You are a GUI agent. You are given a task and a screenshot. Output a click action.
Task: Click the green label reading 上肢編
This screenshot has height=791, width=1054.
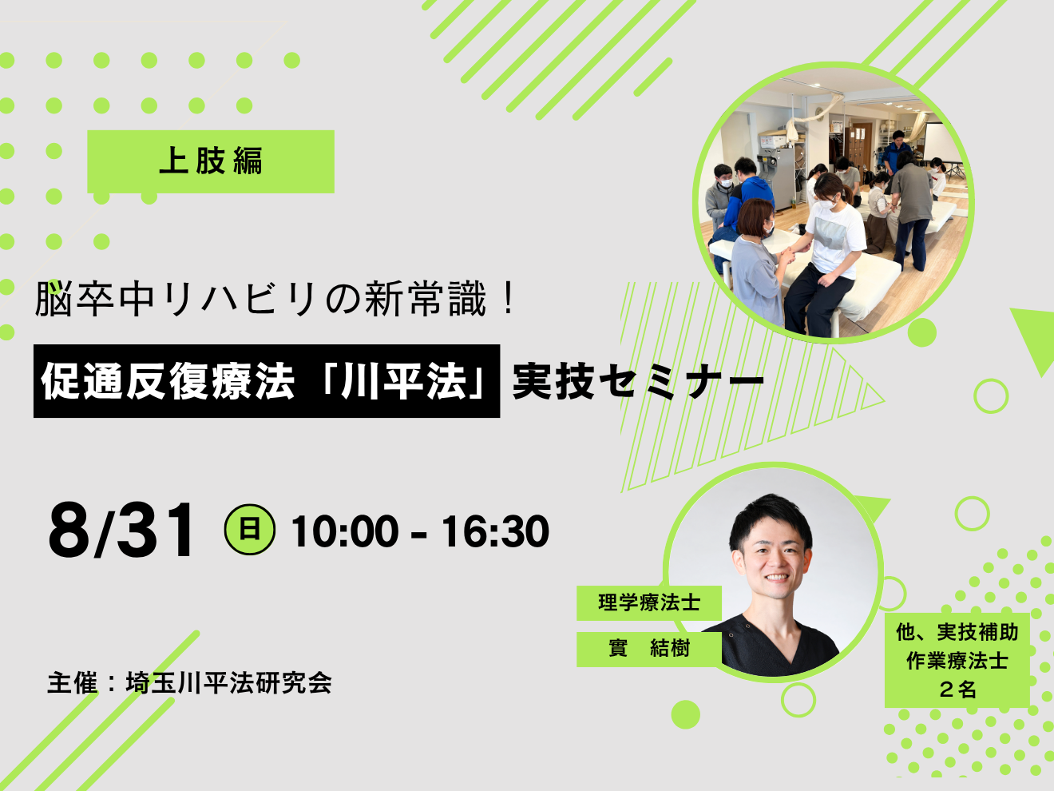click(x=210, y=161)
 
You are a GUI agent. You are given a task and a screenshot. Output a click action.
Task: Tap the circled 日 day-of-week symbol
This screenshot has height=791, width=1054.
click(x=250, y=530)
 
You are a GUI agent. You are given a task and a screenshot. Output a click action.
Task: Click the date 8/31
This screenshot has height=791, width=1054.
click(x=121, y=531)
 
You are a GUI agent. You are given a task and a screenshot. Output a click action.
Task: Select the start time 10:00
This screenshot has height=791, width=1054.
click(x=345, y=531)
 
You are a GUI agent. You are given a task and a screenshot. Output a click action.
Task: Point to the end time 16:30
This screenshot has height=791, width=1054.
click(x=495, y=531)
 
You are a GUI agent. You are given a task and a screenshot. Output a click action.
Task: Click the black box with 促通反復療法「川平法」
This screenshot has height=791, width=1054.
click(x=267, y=381)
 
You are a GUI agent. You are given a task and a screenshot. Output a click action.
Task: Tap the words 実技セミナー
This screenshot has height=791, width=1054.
click(x=638, y=382)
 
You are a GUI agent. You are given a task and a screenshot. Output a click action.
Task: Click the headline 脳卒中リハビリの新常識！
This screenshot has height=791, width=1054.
click(x=275, y=300)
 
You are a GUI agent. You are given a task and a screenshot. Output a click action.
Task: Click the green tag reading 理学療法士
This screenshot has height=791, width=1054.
click(x=648, y=602)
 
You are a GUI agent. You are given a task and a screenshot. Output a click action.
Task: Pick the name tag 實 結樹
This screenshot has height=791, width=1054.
click(x=648, y=649)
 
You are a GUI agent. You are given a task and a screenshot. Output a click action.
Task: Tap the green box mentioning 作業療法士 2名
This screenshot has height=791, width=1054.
click(x=957, y=661)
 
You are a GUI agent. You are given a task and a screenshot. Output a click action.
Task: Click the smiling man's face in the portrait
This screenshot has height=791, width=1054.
click(x=772, y=558)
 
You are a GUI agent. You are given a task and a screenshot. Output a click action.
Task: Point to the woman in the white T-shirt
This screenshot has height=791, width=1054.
click(x=825, y=250)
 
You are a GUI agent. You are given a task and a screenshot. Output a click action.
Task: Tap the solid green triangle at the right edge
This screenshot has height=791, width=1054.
click(x=1033, y=336)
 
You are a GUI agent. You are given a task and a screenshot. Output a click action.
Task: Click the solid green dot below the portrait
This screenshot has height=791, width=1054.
click(x=685, y=714)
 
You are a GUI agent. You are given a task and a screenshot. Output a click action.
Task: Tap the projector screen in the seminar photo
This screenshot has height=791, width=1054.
click(x=942, y=144)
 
